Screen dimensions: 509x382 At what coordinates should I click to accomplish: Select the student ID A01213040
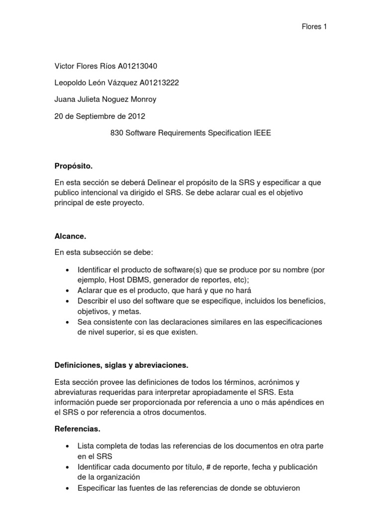tap(138, 67)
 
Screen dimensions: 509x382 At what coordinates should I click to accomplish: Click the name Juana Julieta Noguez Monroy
tap(105, 99)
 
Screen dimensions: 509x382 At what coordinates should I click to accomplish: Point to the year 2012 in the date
tap(137, 116)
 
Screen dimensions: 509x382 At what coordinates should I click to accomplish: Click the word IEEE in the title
tap(262, 133)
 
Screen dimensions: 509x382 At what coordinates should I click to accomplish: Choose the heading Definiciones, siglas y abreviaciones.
tap(121, 366)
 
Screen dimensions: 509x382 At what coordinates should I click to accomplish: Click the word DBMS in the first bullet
tap(132, 279)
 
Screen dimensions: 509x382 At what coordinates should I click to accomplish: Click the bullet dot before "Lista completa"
tap(67, 446)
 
